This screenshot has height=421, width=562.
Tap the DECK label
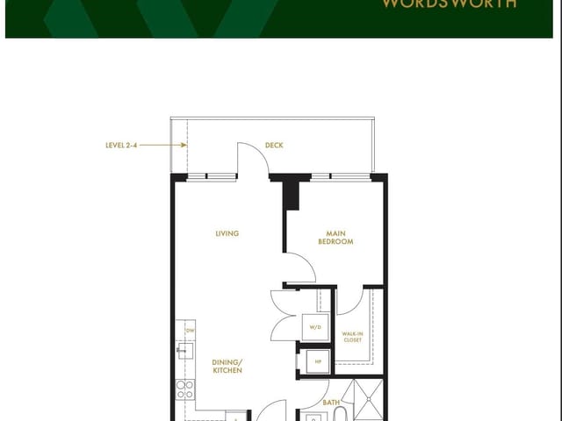(274, 146)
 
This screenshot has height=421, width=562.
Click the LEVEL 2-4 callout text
(120, 146)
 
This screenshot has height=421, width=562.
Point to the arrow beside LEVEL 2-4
(156, 146)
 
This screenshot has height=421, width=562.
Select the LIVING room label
(227, 233)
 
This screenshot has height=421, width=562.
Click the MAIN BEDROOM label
(335, 237)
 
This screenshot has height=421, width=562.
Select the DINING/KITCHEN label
(227, 366)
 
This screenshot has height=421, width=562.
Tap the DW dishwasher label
(189, 330)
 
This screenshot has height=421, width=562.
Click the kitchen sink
(184, 353)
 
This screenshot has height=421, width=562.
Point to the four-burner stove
(184, 389)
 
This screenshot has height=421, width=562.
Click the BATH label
(331, 403)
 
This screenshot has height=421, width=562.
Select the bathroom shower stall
(364, 400)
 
